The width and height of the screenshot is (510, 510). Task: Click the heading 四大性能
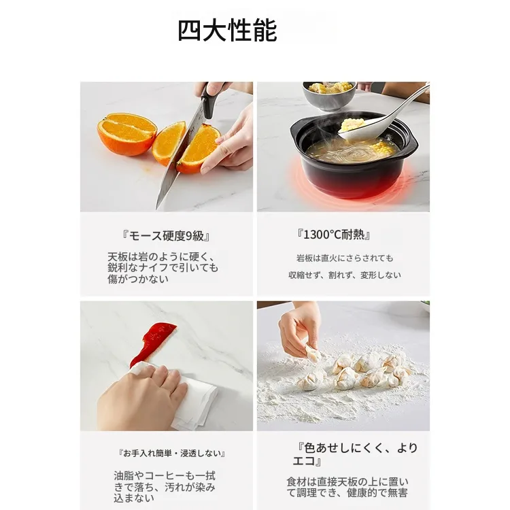[x=227, y=30]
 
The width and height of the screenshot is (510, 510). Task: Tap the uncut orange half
[x=127, y=134]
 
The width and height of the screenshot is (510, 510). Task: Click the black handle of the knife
[x=209, y=97]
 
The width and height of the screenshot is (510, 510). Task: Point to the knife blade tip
[x=156, y=209]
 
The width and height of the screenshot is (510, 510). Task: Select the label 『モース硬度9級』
[x=166, y=235]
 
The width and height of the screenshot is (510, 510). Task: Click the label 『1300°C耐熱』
[x=334, y=235]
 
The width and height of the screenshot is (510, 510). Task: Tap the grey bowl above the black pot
[x=329, y=95]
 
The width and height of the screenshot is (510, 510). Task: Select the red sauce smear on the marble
[x=152, y=343]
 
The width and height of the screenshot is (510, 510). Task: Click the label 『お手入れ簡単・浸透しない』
[x=172, y=453]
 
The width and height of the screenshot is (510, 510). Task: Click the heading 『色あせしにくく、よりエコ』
[x=355, y=454]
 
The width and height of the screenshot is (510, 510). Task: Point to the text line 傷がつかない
[x=138, y=279]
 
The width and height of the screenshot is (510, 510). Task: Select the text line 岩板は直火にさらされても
[x=345, y=258]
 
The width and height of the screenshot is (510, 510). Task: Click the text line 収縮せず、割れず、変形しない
[x=345, y=275]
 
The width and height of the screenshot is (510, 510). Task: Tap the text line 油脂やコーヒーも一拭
[x=165, y=476]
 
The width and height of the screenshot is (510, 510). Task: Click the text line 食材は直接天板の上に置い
[x=347, y=481]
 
